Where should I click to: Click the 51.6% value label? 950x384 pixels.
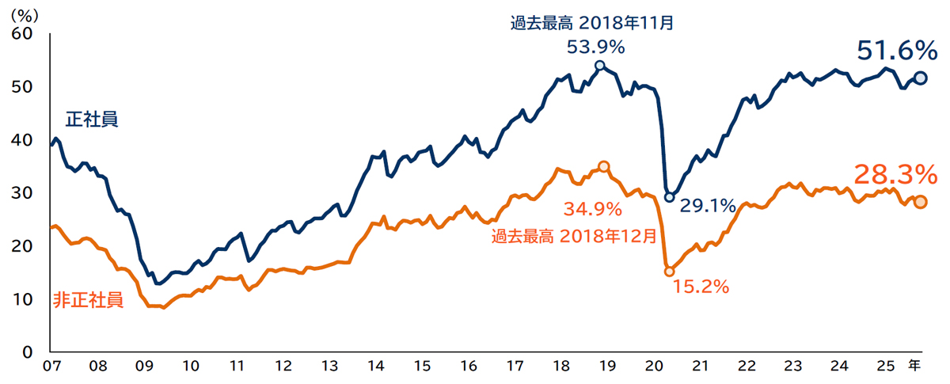pyautogui.click(x=897, y=51)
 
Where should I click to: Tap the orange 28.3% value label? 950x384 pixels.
pyautogui.click(x=895, y=174)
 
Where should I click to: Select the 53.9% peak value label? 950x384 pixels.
pyautogui.click(x=595, y=47)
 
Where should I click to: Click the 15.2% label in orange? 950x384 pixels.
pyautogui.click(x=701, y=286)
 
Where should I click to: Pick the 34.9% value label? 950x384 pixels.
pyautogui.click(x=592, y=210)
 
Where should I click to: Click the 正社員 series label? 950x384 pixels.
pyautogui.click(x=92, y=120)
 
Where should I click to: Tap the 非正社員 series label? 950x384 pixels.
pyautogui.click(x=88, y=300)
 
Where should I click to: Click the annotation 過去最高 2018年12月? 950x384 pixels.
pyautogui.click(x=574, y=235)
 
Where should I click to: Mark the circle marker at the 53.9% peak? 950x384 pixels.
pyautogui.click(x=599, y=66)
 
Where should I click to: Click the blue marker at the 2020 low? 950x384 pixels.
pyautogui.click(x=669, y=196)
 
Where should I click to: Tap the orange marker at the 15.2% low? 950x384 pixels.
pyautogui.click(x=669, y=271)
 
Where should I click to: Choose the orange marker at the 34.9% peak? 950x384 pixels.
pyautogui.click(x=603, y=166)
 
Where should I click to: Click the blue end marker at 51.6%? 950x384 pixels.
pyautogui.click(x=920, y=78)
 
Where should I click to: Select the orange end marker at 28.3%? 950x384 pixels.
pyautogui.click(x=920, y=202)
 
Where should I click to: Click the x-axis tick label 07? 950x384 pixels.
pyautogui.click(x=51, y=367)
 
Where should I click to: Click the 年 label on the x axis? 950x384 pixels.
pyautogui.click(x=914, y=366)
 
